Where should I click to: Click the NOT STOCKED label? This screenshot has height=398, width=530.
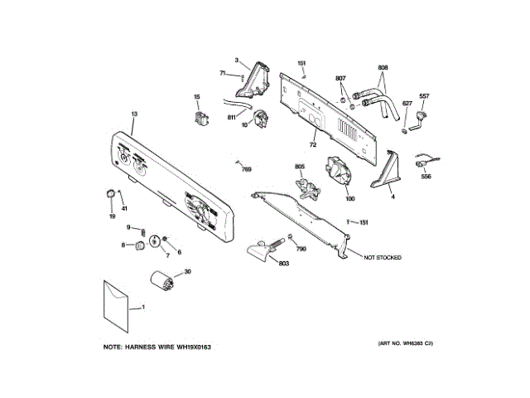383,258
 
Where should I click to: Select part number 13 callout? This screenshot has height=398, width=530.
133,113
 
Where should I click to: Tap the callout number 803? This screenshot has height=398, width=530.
283,265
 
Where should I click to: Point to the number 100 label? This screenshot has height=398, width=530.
350,199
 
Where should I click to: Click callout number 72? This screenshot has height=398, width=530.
313,145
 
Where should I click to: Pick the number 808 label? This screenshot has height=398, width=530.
383,67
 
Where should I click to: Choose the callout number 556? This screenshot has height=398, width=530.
426,176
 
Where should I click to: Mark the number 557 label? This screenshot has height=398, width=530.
424,96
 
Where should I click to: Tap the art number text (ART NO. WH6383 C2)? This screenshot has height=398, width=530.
406,343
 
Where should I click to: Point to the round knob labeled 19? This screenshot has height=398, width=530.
108,194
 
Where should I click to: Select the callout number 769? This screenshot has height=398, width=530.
246,169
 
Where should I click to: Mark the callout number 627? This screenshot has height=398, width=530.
407,104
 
